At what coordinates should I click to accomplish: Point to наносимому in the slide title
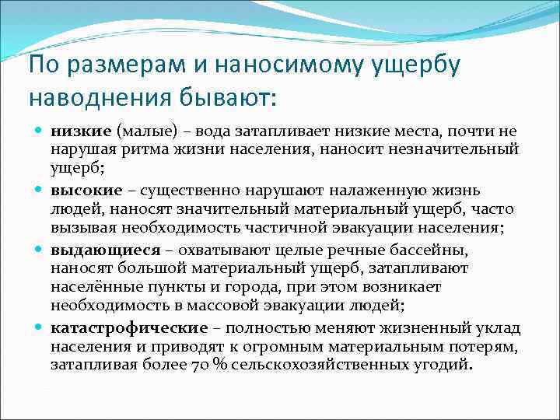tap(278, 65)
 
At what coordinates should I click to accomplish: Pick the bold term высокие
tap(87, 191)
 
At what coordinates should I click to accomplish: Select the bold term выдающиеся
tap(106, 250)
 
